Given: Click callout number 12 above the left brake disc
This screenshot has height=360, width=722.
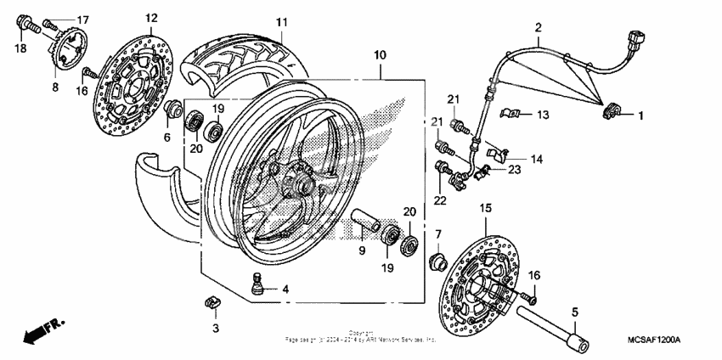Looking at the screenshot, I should pyautogui.click(x=151, y=18).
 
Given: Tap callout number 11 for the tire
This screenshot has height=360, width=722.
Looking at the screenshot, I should pyautogui.click(x=281, y=21).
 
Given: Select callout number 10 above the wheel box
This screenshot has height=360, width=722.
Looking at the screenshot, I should pyautogui.click(x=379, y=55).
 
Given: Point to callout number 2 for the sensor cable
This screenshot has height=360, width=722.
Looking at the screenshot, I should pyautogui.click(x=537, y=28).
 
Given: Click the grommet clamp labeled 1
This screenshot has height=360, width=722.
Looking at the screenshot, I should pyautogui.click(x=609, y=110).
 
